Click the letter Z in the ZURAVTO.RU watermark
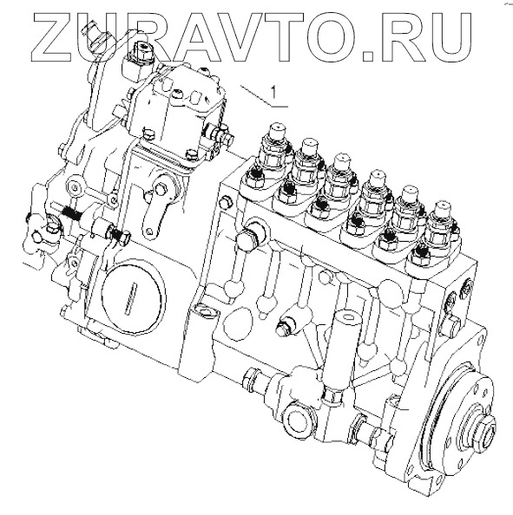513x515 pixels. pos(56,37)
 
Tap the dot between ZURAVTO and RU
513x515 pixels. pos(368,55)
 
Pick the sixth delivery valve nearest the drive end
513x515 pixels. pos(442,223)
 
